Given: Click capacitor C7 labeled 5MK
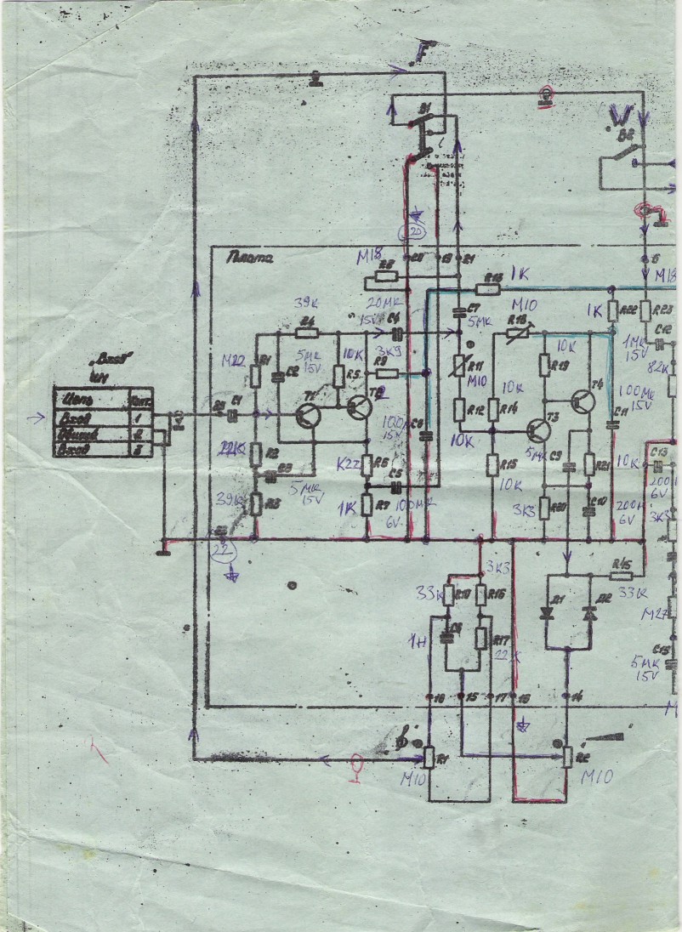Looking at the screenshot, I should coord(458,307).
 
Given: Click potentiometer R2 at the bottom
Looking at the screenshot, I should coord(567,755).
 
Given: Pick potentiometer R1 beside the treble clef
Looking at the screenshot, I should coord(429,756).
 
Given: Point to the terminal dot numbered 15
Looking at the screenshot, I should coord(461,697).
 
